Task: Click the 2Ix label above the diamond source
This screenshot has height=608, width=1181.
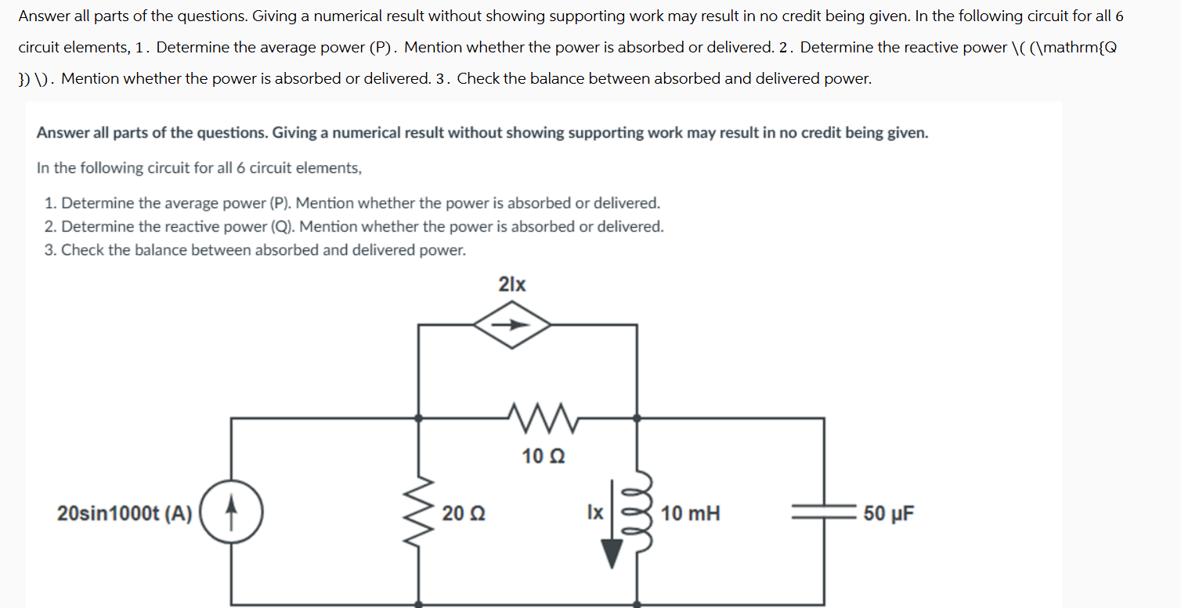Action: tap(512, 284)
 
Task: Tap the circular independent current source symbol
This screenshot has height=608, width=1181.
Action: tap(231, 513)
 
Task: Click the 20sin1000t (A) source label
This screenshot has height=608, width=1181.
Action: tap(125, 513)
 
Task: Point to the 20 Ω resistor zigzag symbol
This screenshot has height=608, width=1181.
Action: tap(420, 513)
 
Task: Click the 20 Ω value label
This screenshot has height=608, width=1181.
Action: tap(463, 513)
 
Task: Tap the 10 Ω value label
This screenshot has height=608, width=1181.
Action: tap(544, 455)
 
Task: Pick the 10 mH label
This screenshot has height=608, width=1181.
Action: tap(690, 513)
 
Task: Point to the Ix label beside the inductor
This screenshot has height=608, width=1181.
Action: tap(595, 513)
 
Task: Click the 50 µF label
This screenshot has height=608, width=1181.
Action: tap(888, 513)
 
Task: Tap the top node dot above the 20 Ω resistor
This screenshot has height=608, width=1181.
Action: tap(420, 418)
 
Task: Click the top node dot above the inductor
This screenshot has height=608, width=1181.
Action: tap(637, 418)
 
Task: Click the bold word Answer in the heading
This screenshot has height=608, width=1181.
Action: tap(63, 132)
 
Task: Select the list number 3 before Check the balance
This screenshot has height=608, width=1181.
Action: tap(50, 250)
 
